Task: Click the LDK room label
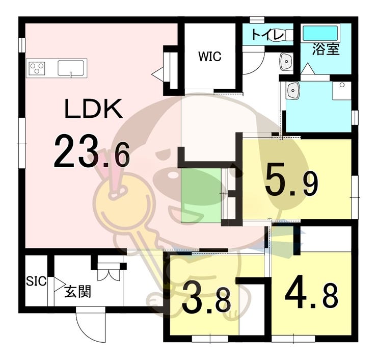pyautogui.click(x=93, y=109)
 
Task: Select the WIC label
pyautogui.click(x=210, y=57)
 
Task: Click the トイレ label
pyautogui.click(x=265, y=35)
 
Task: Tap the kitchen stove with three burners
pyautogui.click(x=37, y=68)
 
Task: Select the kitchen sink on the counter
pyautogui.click(x=71, y=67)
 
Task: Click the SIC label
pyautogui.click(x=36, y=281)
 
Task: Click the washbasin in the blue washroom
pyautogui.click(x=294, y=92)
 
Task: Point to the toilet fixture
pyautogui.click(x=289, y=35)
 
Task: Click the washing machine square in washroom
pyautogui.click(x=341, y=90)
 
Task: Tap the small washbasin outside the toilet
pyautogui.click(x=286, y=62)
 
